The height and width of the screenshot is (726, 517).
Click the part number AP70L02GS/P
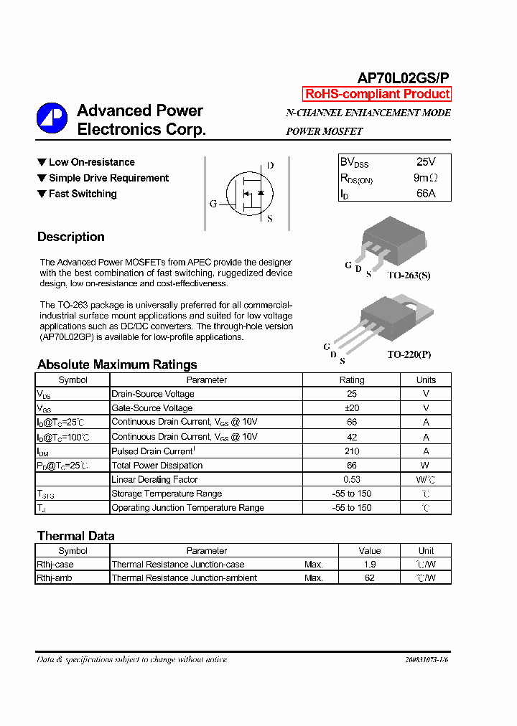click(404, 78)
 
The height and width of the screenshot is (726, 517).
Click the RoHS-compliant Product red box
click(377, 94)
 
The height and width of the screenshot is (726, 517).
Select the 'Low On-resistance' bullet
click(91, 162)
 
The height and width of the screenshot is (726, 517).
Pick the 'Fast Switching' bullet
click(82, 194)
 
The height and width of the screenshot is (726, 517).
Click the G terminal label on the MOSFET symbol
click(213, 204)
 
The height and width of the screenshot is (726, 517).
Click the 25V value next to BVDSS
click(426, 162)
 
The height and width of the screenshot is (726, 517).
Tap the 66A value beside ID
click(426, 194)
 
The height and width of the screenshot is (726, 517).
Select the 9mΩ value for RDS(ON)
click(426, 178)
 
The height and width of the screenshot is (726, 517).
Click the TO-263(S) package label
click(409, 275)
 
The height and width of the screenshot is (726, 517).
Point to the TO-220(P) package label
click(409, 354)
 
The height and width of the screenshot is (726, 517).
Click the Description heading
click(70, 237)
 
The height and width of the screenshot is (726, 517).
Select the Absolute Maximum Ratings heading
click(117, 364)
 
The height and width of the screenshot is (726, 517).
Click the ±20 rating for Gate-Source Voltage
click(352, 408)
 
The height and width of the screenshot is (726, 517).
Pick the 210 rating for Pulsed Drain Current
click(352, 451)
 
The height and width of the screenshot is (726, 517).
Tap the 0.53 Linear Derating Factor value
click(352, 479)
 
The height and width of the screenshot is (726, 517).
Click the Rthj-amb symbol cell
click(55, 577)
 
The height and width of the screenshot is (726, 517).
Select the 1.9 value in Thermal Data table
click(370, 565)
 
